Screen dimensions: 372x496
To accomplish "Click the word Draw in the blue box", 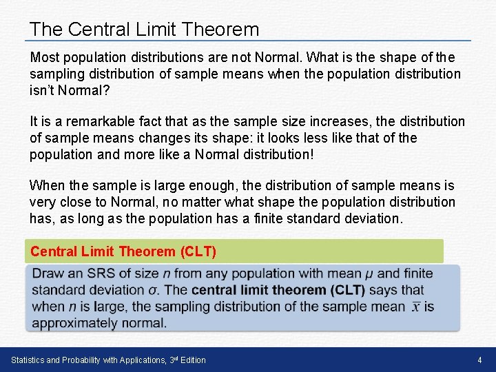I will pyautogui.click(x=48, y=274).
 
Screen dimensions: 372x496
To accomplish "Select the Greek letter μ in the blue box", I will pyautogui.click(x=370, y=274).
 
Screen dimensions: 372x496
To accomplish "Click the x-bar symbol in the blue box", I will pyautogui.click(x=417, y=307).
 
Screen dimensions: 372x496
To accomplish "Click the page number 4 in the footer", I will pyautogui.click(x=479, y=360).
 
